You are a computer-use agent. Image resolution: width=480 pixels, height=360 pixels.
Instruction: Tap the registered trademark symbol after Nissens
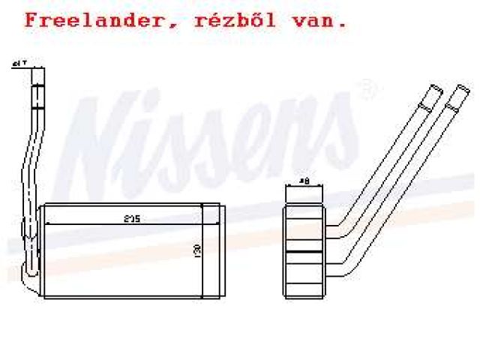tap(366, 91)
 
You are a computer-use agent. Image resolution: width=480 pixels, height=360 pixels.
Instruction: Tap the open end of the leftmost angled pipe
tap(433, 92)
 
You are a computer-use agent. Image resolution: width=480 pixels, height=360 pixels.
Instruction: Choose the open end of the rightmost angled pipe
tap(457, 94)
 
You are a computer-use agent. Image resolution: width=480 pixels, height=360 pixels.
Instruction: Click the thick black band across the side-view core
tap(304, 250)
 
